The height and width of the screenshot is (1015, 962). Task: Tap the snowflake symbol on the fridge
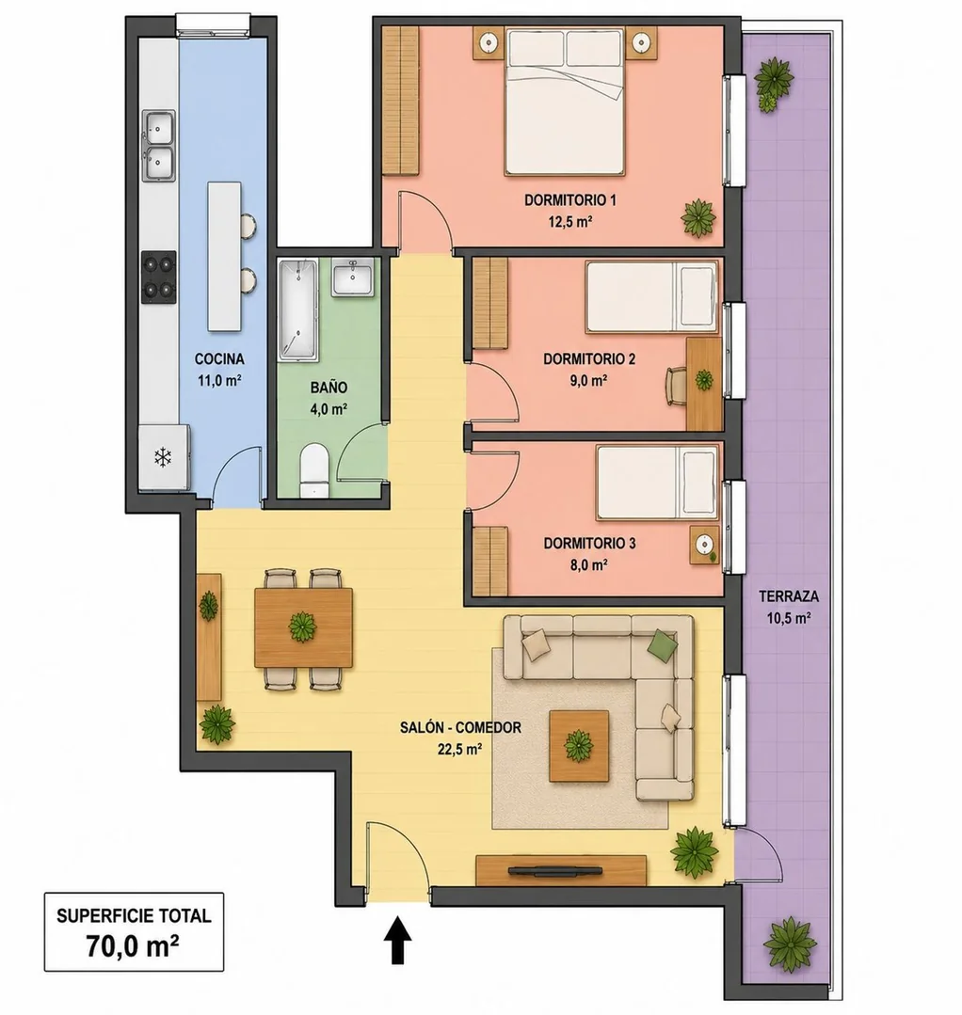tap(163, 458)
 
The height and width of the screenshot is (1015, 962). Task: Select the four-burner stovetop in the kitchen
tap(159, 277)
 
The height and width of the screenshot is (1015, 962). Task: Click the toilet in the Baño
tap(314, 470)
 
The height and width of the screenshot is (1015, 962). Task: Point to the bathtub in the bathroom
tap(298, 309)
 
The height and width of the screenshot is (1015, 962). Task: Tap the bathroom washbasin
tap(353, 278)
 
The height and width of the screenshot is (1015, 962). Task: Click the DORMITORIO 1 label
tap(570, 200)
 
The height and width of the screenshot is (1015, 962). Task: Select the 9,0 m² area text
tap(588, 381)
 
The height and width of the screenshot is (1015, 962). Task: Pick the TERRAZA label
tap(789, 595)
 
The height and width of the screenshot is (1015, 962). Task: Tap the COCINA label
tap(219, 358)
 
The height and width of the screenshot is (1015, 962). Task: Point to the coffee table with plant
tap(579, 746)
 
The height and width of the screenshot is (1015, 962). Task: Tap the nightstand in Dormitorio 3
tap(704, 545)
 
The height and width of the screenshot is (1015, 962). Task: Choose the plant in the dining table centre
tap(302, 626)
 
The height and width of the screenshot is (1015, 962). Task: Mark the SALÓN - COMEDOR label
tap(460, 727)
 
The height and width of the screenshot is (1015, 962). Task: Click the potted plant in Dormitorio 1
tap(699, 217)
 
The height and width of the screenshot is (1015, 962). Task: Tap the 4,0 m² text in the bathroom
tap(329, 409)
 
